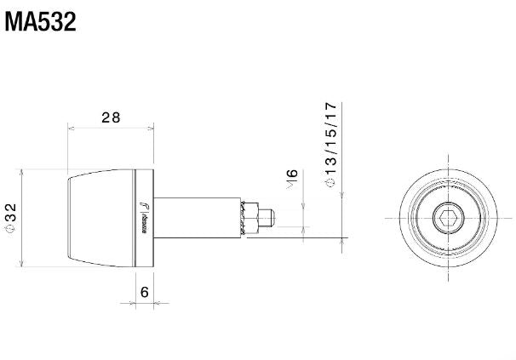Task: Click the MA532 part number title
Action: tap(41, 21)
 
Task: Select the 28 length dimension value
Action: tap(111, 117)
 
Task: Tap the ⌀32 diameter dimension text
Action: tap(10, 218)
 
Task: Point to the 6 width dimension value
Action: tap(144, 292)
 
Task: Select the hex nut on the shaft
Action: tap(249, 218)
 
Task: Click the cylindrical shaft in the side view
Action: tap(196, 217)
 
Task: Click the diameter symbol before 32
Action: tap(10, 231)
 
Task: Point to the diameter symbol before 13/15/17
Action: tap(331, 181)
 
